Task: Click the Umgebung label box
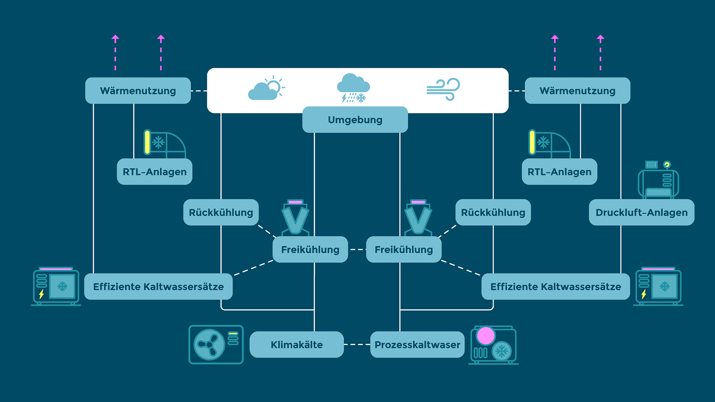coord(355,119)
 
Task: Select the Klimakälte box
coord(296,345)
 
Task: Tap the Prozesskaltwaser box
coord(417,345)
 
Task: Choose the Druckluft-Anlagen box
coord(641,212)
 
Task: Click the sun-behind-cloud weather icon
coord(266,88)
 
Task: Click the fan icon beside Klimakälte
coord(209,345)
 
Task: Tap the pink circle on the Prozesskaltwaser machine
coord(486,336)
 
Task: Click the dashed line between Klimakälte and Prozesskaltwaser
coord(357,345)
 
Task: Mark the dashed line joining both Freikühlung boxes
coord(357,249)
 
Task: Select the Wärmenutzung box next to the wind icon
coord(577,90)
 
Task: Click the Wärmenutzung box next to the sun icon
coord(138,90)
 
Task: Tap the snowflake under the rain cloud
coord(361,98)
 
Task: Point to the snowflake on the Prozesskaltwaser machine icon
coord(502,351)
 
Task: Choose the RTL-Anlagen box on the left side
coord(155,172)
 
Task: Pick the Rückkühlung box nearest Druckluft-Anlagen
coord(493,212)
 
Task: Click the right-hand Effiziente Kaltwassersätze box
coord(555,287)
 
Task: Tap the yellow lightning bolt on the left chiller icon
coord(41,294)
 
